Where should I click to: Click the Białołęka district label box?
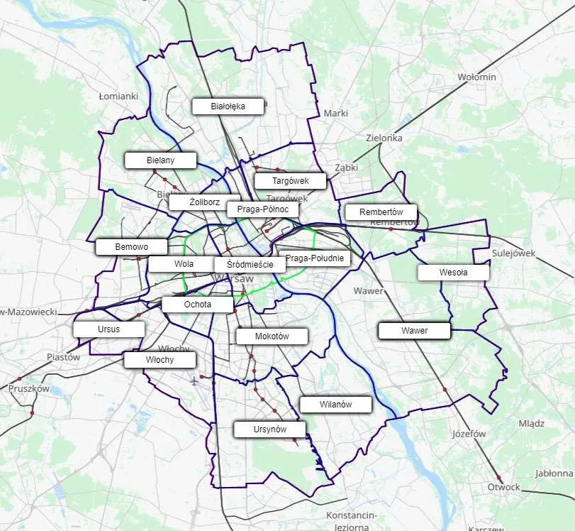(x=228, y=106)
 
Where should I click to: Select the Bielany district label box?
(x=160, y=160)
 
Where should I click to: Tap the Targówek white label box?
(x=290, y=181)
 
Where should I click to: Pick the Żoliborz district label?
(x=204, y=202)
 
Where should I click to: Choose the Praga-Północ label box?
(x=262, y=209)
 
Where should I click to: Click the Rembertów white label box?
(x=381, y=212)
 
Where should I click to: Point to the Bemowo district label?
(x=131, y=247)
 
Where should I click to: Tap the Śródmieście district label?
(x=250, y=264)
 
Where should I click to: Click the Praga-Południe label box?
(x=315, y=258)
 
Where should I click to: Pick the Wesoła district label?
(x=453, y=273)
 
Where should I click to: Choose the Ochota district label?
(x=197, y=305)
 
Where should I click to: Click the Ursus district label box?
(x=109, y=329)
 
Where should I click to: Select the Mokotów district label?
(x=272, y=336)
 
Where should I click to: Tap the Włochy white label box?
(x=160, y=360)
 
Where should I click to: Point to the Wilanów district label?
(x=335, y=405)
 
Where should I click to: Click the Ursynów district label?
(x=269, y=429)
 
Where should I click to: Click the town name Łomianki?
(x=118, y=96)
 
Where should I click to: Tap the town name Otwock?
(x=503, y=487)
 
